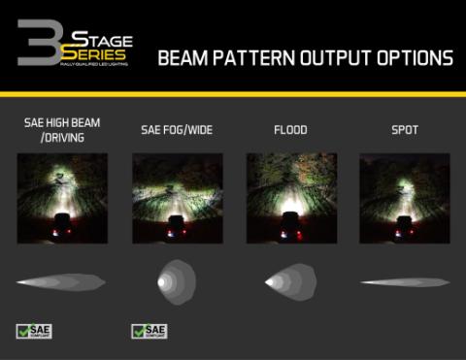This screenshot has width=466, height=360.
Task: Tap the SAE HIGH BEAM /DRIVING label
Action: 62,130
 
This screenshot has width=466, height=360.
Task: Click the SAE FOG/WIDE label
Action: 177,130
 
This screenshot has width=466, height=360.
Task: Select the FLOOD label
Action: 291,130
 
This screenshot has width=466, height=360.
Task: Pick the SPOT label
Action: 405,130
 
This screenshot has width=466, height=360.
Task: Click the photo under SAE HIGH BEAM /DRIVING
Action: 62,198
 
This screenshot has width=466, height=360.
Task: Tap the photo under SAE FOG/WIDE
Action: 177,198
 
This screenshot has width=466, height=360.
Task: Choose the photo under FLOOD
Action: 291,198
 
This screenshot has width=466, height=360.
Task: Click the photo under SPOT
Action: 405,198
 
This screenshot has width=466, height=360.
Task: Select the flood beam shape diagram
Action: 290,282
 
